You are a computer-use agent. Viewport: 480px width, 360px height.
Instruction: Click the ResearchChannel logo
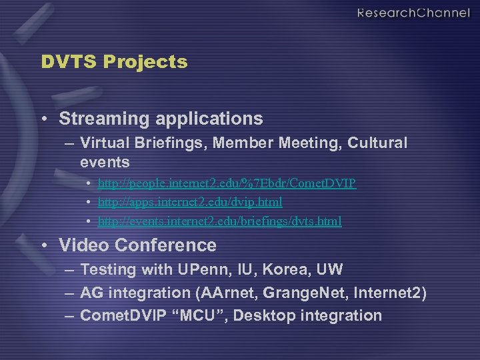click(413, 13)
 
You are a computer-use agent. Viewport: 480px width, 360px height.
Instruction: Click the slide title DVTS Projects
click(114, 62)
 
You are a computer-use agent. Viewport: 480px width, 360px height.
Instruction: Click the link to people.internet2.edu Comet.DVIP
click(227, 183)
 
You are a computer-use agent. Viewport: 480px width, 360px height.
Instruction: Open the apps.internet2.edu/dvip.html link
click(190, 201)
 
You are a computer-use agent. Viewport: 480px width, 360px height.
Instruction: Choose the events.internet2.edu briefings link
click(219, 221)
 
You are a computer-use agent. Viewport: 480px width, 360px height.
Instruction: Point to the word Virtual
click(103, 143)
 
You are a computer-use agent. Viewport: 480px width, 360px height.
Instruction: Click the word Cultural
click(378, 143)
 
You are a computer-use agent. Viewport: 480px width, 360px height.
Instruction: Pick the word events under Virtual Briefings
click(105, 162)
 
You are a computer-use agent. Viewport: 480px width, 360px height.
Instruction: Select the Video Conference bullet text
click(137, 245)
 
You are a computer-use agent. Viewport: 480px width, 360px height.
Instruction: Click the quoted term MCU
click(203, 315)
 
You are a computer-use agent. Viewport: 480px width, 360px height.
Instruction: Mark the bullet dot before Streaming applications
click(44, 119)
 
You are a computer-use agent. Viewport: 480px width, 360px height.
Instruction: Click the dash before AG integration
click(69, 293)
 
